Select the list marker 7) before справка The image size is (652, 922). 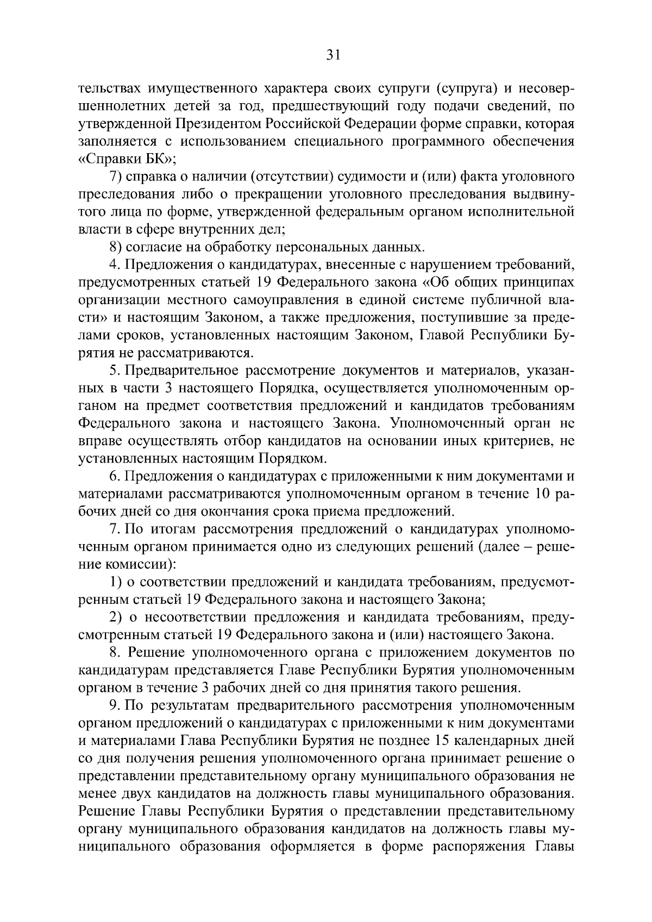pyautogui.click(x=116, y=177)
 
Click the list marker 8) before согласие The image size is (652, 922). pyautogui.click(x=116, y=248)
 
